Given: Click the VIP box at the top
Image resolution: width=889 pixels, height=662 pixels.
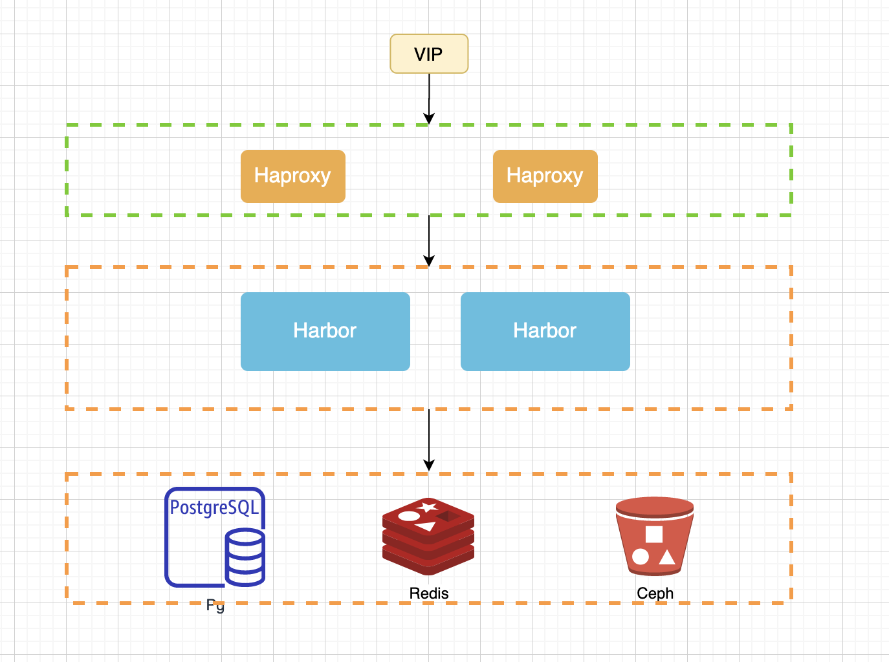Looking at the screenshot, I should [429, 54].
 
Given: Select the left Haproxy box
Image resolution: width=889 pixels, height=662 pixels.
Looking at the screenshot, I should [292, 176].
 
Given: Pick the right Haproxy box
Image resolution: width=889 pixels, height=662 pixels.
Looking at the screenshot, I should [545, 176].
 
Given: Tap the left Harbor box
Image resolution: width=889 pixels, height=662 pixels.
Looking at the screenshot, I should [325, 331].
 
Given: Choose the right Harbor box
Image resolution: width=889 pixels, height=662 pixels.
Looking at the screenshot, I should [545, 331].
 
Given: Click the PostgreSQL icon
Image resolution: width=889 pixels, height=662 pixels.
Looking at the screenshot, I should [214, 537].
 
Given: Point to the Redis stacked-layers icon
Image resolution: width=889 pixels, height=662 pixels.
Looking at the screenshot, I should [428, 537].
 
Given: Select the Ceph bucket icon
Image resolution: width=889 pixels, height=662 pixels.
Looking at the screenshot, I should [655, 536].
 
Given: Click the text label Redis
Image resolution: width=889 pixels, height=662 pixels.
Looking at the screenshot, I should [428, 593].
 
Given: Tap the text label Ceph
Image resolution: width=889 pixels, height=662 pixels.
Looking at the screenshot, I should [655, 593].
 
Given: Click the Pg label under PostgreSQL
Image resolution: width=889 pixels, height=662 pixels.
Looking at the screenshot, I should [215, 606].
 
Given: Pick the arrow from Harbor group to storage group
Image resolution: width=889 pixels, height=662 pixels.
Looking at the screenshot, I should [429, 440].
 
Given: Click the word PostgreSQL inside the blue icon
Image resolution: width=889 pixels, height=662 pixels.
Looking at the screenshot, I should [214, 507].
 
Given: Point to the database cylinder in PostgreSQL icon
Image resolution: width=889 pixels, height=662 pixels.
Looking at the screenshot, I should [245, 557].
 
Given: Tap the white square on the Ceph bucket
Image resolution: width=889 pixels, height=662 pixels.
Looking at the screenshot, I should [654, 534].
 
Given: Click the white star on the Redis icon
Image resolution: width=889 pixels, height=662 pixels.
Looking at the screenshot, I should [428, 507].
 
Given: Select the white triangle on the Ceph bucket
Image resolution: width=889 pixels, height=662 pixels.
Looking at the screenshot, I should [666, 557].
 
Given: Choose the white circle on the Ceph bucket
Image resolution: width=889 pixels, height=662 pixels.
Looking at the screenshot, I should [641, 557].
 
